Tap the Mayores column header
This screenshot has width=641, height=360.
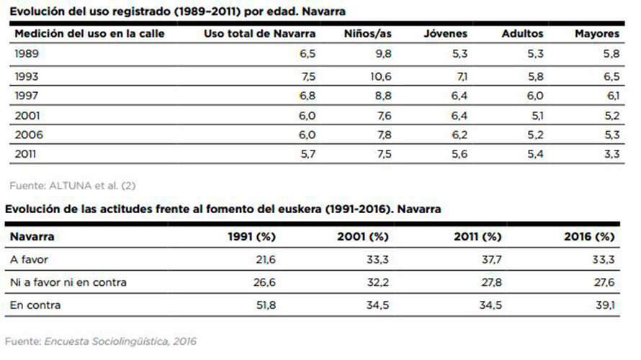click(x=596, y=34)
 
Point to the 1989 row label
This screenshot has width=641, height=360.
click(x=26, y=54)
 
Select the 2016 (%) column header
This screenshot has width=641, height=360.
click(x=588, y=236)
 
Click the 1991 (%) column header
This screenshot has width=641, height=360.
click(x=251, y=236)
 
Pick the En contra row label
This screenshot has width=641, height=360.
click(x=35, y=305)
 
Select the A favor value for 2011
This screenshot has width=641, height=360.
click(x=492, y=259)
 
